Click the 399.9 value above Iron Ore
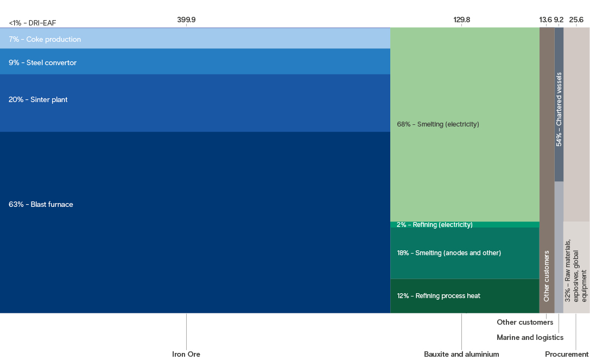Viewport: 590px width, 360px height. coord(186,20)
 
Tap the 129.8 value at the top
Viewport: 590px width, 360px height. coord(462,20)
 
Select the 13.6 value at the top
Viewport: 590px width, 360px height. coord(545,20)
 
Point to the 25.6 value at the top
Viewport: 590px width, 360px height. coord(576,20)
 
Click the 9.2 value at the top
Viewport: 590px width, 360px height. coord(559,20)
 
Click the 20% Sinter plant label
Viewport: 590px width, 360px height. coord(38,99)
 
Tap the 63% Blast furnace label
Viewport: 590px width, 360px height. coord(41,205)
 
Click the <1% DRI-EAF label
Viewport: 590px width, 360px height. coord(33,23)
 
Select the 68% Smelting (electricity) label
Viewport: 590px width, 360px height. coord(438,124)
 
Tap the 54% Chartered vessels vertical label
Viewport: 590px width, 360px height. coord(559,109)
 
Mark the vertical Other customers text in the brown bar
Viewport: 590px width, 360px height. coord(547,276)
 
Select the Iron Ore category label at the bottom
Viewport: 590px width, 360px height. coord(186,354)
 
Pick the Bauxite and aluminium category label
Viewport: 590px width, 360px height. coord(461,354)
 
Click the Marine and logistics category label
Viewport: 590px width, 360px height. coord(530,337)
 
